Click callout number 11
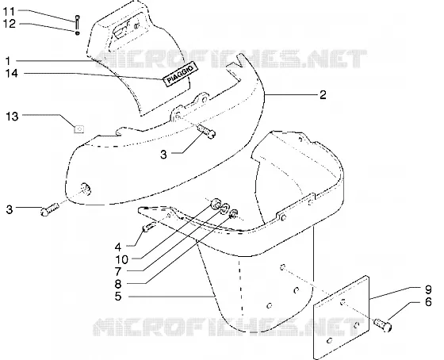pos(9,12)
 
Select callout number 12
pos(10,24)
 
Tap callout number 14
pos(12,74)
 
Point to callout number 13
pos(12,117)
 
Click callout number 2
pos(323,94)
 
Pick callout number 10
pos(122,259)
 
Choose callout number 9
pos(428,289)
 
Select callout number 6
pos(428,302)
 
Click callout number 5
pos(118,297)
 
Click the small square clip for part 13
pos(78,129)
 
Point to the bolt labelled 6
pos(383,325)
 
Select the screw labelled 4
pos(149,227)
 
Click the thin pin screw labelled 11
pos(78,22)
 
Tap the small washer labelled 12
pos(78,33)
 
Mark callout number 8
pos(118,284)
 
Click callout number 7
pos(118,272)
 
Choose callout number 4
pos(118,247)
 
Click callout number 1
pos(8,61)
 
